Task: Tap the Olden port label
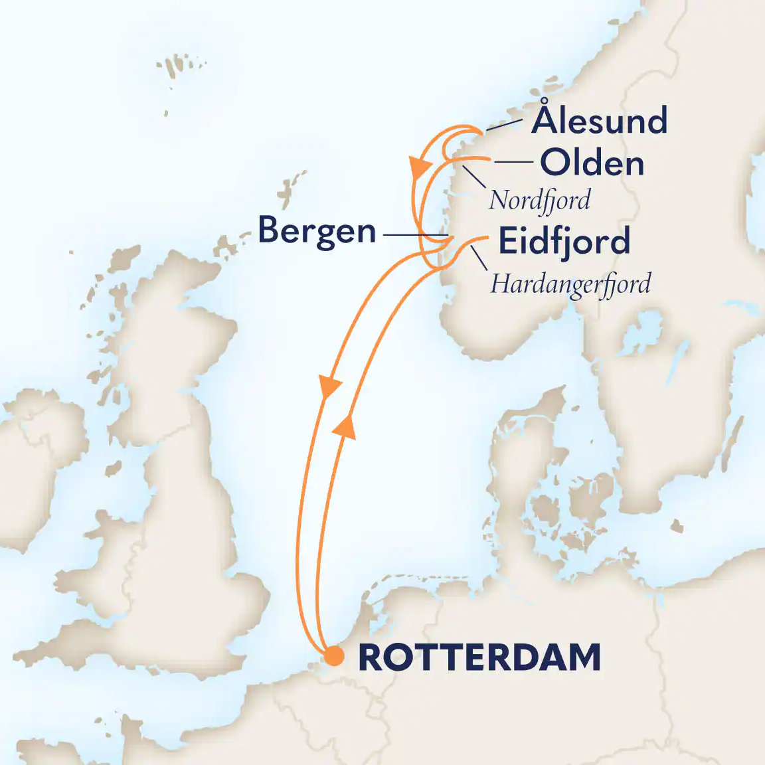592,163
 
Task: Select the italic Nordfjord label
539,200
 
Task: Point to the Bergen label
317,231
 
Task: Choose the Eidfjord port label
564,241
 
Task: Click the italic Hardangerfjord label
570,284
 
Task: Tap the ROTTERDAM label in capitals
479,657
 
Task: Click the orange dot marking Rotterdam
333,657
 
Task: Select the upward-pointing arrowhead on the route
345,425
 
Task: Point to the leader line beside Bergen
412,236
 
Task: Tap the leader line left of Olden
513,162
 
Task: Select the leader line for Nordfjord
473,177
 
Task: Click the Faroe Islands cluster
177,66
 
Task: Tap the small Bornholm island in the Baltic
677,527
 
